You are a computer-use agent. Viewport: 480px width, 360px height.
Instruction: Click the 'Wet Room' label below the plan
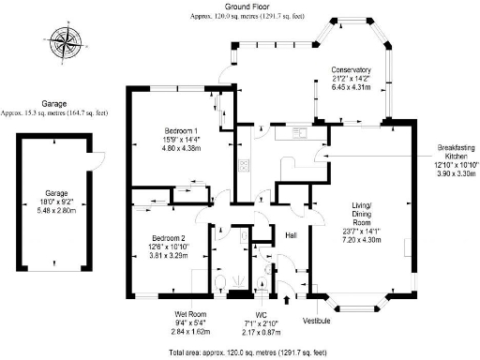click(x=190, y=313)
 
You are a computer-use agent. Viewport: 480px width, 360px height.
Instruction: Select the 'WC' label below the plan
click(x=262, y=314)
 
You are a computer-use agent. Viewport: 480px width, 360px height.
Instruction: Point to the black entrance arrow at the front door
click(x=286, y=298)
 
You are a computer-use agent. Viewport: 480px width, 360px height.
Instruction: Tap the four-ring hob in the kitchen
click(x=243, y=167)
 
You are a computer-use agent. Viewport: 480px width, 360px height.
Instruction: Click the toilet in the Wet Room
click(x=217, y=281)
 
